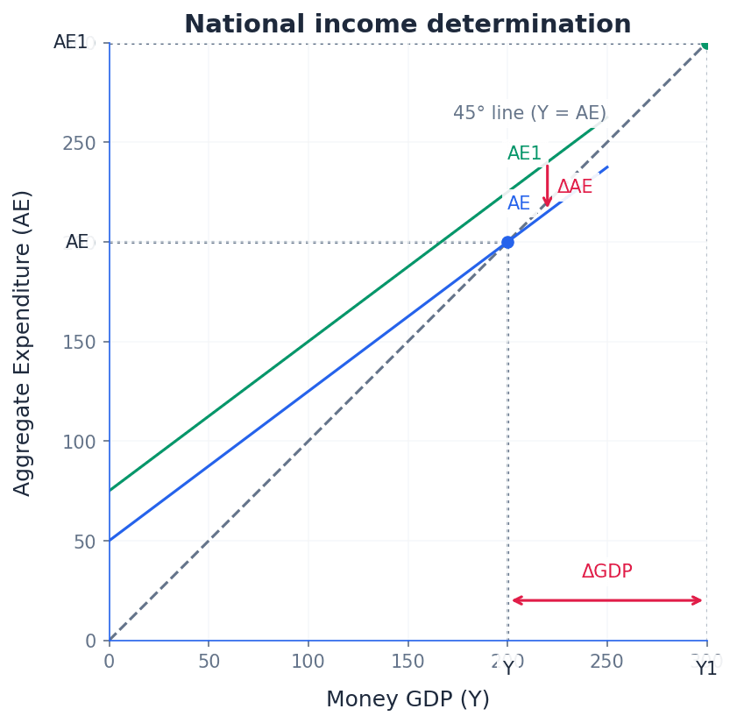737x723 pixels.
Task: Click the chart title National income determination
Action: [407, 25]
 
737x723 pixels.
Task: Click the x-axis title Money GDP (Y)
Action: [407, 699]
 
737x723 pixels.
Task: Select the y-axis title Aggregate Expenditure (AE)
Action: [23, 343]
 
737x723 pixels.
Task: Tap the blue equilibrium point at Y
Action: [507, 242]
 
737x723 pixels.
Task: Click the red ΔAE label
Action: [575, 187]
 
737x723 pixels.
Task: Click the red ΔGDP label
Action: [606, 571]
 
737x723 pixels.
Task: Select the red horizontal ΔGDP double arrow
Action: [607, 600]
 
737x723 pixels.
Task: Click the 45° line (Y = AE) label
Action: [529, 113]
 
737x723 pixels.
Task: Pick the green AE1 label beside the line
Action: [524, 153]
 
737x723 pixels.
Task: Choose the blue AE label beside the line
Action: [519, 203]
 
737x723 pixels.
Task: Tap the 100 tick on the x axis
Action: [308, 662]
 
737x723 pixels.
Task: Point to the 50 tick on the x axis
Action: [209, 662]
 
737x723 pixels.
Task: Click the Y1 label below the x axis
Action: [706, 669]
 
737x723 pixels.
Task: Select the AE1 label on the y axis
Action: [71, 42]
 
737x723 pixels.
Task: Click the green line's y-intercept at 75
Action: [110, 491]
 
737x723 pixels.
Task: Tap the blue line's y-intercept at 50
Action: [110, 541]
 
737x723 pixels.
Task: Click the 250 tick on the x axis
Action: [606, 662]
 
